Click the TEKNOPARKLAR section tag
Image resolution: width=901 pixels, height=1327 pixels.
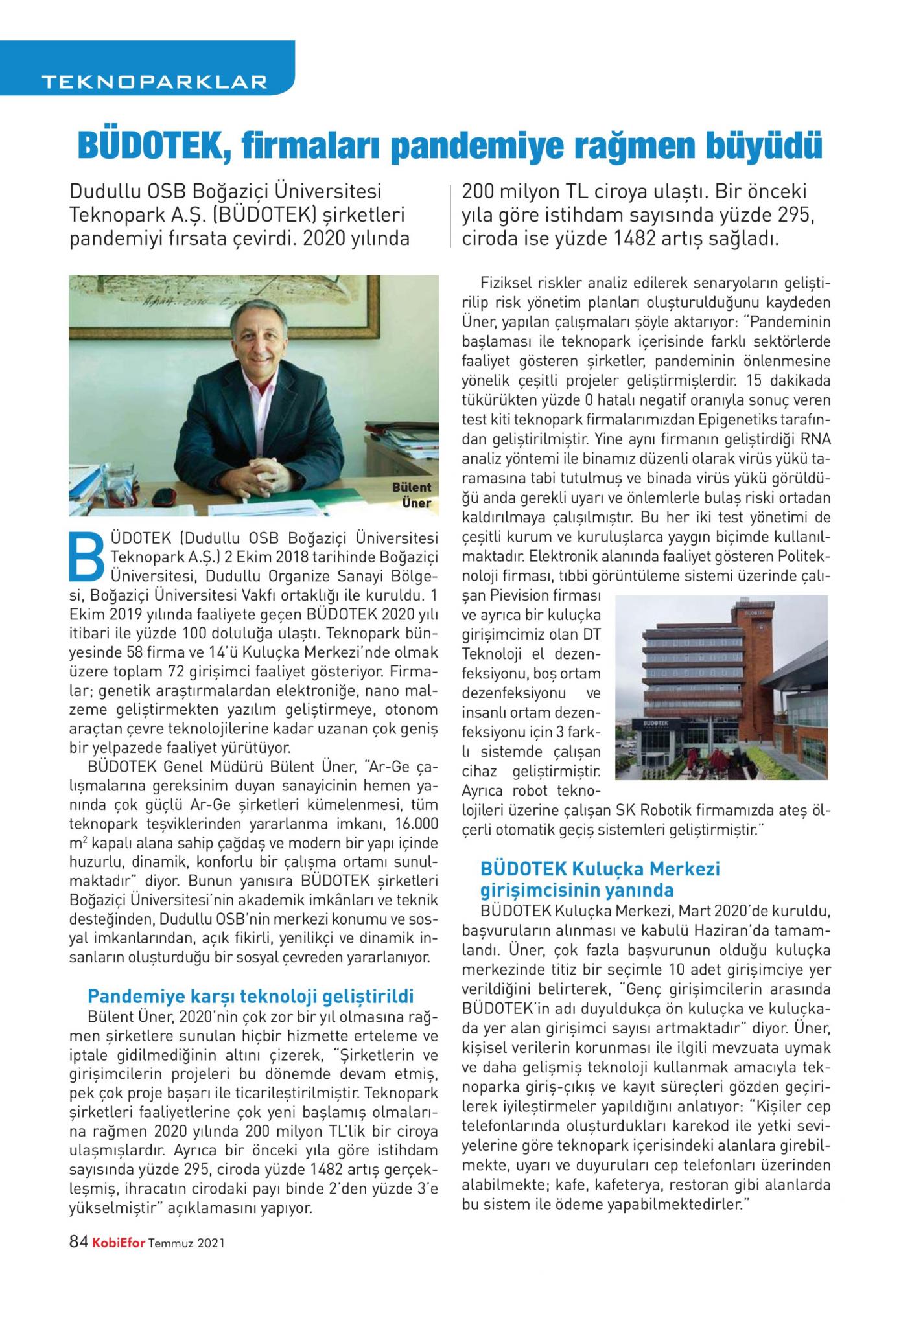pos(153,82)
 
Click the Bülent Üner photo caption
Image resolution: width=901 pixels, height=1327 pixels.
pos(412,494)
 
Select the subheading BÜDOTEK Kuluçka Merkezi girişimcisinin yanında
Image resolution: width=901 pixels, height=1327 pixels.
pos(600,879)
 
